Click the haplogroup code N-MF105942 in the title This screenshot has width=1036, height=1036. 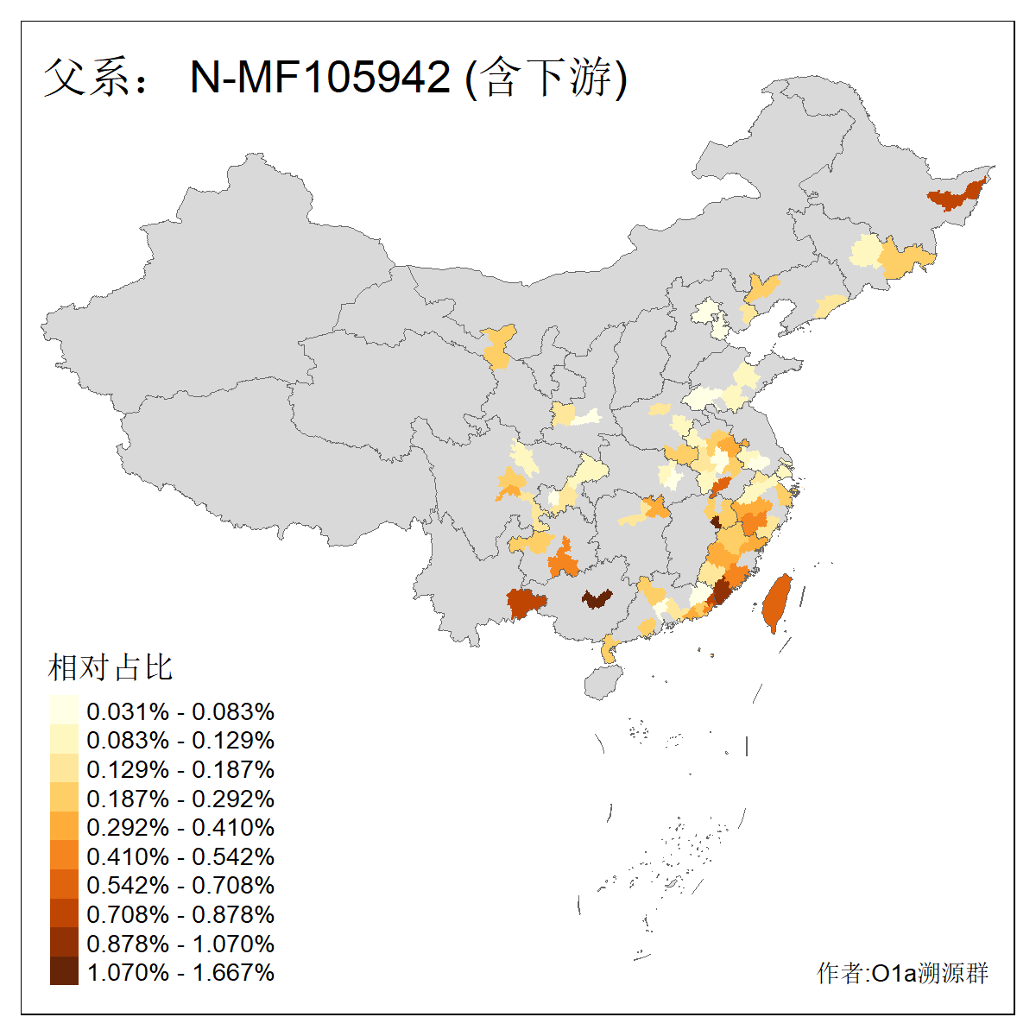(x=319, y=78)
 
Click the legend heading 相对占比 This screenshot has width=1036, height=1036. (x=111, y=667)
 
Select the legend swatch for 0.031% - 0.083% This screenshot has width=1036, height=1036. (x=64, y=711)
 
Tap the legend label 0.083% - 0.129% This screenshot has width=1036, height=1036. (x=180, y=741)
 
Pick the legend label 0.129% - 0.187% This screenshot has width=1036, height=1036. (x=180, y=769)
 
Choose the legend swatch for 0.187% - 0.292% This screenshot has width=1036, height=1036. (x=64, y=799)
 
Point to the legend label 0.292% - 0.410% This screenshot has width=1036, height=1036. (x=180, y=828)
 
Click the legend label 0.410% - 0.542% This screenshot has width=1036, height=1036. (x=180, y=856)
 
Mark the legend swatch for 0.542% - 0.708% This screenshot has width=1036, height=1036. (x=64, y=886)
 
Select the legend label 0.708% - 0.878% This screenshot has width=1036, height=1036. (x=180, y=915)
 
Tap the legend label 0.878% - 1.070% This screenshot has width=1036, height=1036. (x=180, y=944)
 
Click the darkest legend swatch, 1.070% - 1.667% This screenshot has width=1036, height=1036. (x=64, y=973)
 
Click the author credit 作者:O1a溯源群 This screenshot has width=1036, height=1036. (x=902, y=974)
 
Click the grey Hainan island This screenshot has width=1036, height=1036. (x=604, y=682)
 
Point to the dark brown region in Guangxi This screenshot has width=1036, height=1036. (x=596, y=598)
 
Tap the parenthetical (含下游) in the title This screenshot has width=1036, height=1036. (x=546, y=78)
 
